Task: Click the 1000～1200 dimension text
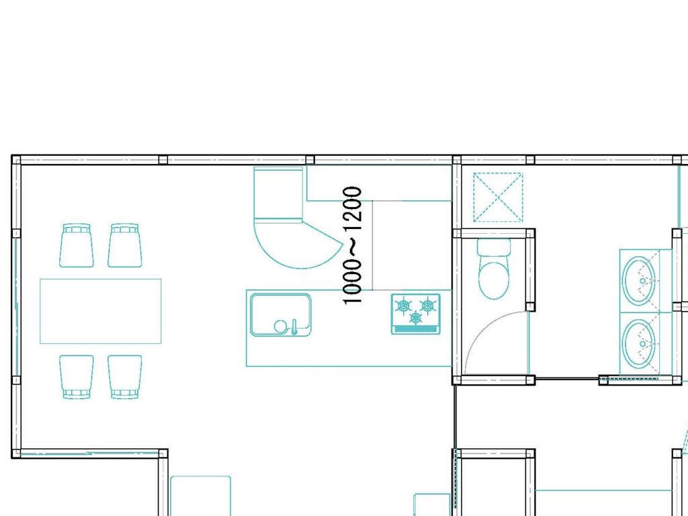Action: point(352,245)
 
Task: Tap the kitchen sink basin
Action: point(281,314)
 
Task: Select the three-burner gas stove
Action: point(415,314)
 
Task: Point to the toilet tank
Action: point(494,247)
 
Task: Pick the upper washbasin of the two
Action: point(640,281)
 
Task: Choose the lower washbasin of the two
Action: point(640,343)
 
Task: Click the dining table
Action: point(101,311)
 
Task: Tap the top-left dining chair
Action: point(77,245)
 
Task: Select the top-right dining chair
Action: point(125,245)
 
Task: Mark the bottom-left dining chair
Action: point(77,377)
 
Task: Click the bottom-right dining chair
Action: point(125,377)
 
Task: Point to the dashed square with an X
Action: point(498,197)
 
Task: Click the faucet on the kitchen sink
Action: point(294,327)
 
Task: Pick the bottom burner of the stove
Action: point(415,317)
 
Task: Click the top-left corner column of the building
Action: point(16,159)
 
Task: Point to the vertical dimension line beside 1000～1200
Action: point(372,245)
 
